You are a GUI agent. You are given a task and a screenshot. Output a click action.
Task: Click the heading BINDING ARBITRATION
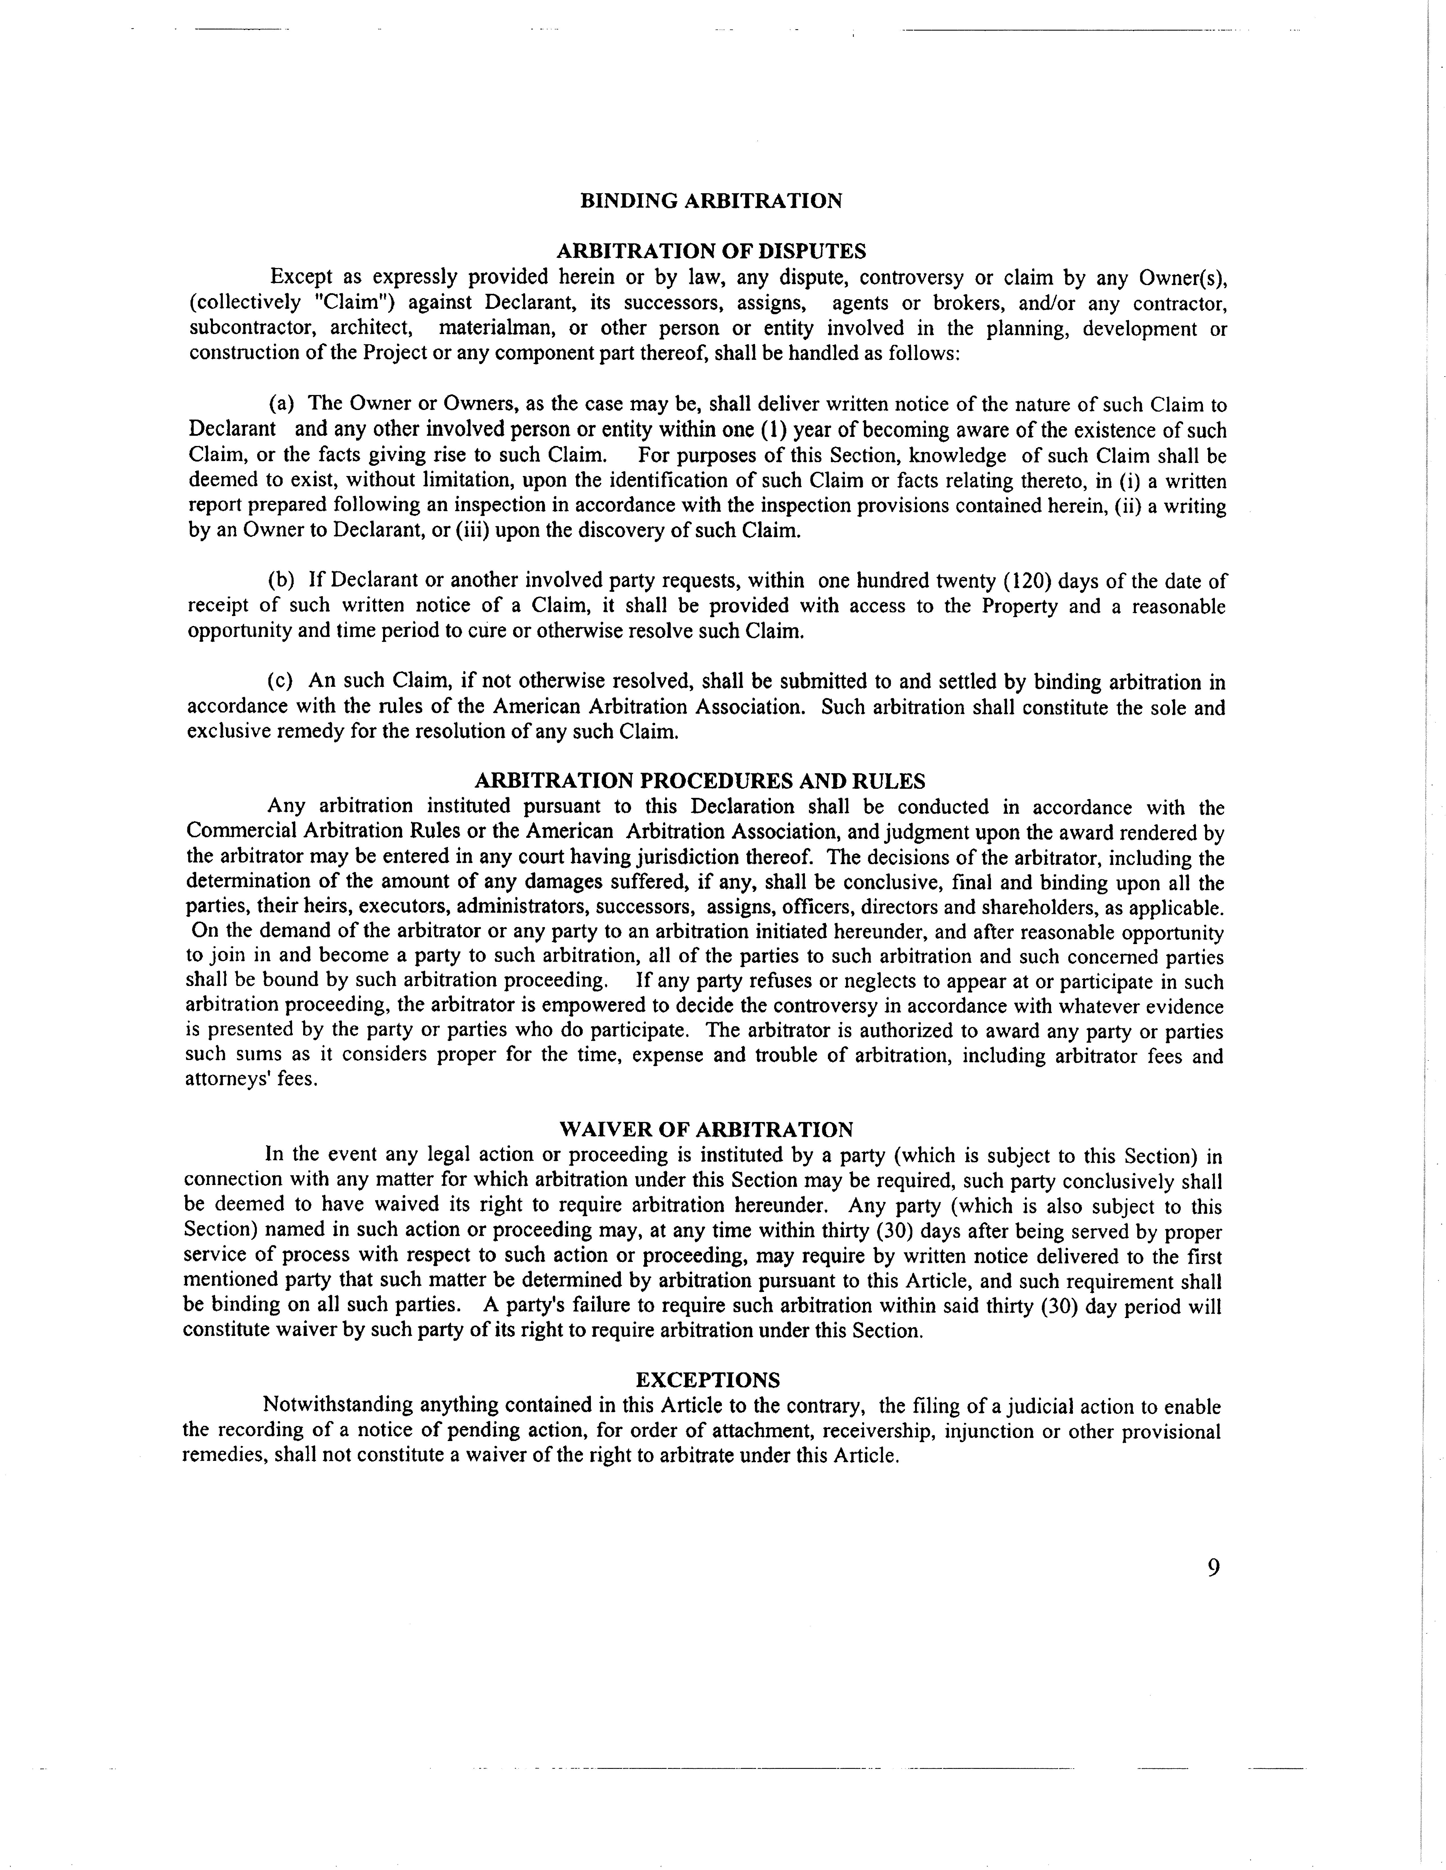point(711,201)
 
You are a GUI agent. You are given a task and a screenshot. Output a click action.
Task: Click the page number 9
point(1213,1568)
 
